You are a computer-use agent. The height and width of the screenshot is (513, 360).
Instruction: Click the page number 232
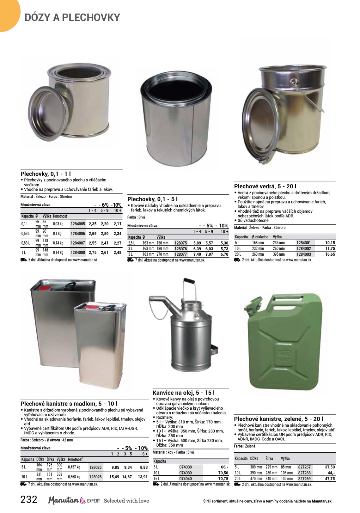pyautogui.click(x=29, y=499)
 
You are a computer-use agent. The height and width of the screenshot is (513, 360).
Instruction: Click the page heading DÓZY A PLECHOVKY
pyautogui.click(x=72, y=17)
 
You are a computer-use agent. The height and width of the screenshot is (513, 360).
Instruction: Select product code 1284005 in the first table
pyautogui.click(x=78, y=224)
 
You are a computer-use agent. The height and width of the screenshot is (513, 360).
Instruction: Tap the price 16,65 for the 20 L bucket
pyautogui.click(x=330, y=254)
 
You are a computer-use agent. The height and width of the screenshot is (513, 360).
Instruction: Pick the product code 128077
pyautogui.click(x=181, y=254)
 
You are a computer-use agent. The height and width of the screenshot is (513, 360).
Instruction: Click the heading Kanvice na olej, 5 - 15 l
pyautogui.click(x=184, y=393)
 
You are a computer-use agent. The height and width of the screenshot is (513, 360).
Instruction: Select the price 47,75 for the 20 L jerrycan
pyautogui.click(x=330, y=479)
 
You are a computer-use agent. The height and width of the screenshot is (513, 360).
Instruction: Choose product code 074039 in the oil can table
pyautogui.click(x=186, y=473)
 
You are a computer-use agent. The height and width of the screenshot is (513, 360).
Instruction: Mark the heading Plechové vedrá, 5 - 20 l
pyautogui.click(x=265, y=186)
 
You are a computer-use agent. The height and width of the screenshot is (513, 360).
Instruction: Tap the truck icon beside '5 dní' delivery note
pyautogui.click(x=23, y=260)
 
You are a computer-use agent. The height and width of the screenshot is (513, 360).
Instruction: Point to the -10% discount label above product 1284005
pyautogui.click(x=116, y=205)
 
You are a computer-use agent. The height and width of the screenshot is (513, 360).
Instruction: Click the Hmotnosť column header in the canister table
pyautogui.click(x=75, y=459)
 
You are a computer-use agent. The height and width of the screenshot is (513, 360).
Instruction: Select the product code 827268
pyautogui.click(x=304, y=473)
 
